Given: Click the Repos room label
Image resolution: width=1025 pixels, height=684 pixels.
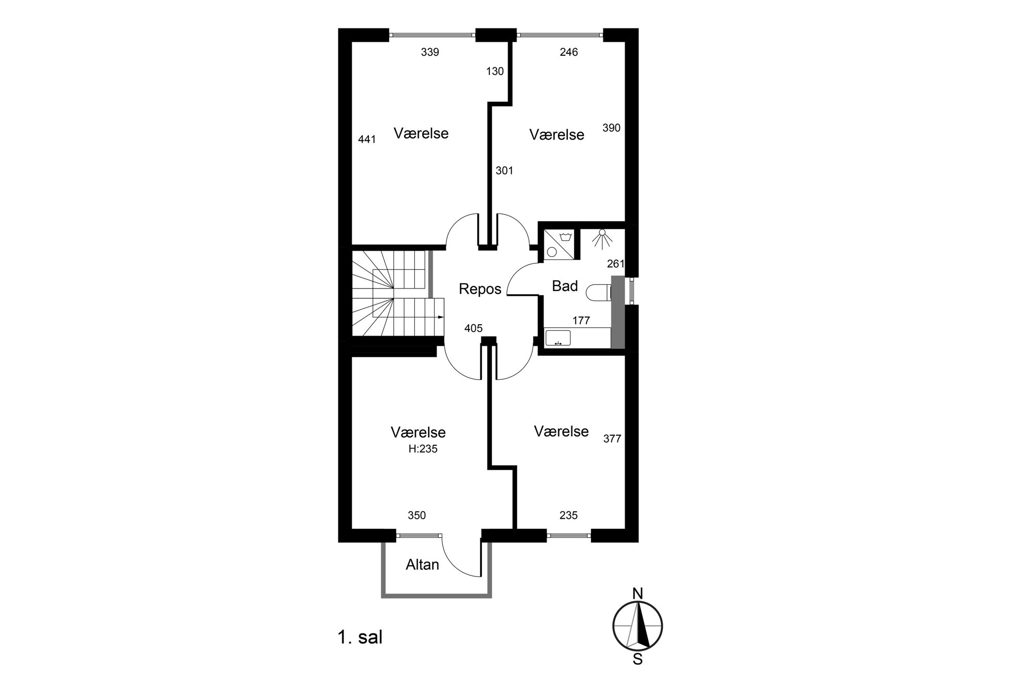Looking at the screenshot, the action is [x=480, y=289].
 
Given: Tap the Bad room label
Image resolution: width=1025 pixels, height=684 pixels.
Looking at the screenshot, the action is [x=565, y=286].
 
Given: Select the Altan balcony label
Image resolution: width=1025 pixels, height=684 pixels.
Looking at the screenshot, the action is [x=422, y=565].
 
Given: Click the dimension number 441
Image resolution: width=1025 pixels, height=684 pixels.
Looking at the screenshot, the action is [x=367, y=139].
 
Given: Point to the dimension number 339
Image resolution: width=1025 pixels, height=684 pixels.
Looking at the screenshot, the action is [x=430, y=52].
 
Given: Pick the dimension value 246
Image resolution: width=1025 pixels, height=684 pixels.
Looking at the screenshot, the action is [x=569, y=52].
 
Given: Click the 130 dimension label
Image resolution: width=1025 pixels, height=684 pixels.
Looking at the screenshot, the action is [x=495, y=71].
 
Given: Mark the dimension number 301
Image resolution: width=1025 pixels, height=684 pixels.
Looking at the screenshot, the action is [x=504, y=171].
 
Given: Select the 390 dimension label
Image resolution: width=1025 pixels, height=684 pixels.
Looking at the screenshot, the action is [x=611, y=128].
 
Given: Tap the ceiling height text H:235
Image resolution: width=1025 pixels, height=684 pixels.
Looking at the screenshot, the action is [x=423, y=449].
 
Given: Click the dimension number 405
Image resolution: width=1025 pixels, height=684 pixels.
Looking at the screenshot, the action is [x=473, y=328].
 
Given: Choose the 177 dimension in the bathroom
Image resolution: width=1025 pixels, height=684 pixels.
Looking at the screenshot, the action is [x=581, y=321].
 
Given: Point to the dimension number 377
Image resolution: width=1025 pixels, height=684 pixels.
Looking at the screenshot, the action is [x=612, y=439].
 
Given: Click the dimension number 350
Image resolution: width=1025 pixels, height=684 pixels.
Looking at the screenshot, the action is [x=416, y=515].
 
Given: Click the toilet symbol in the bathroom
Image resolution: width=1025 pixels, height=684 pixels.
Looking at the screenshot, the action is [x=599, y=293].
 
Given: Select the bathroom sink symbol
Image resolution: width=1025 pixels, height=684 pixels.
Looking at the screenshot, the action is [x=558, y=338].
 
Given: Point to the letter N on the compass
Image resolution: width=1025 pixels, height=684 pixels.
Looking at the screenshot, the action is [x=638, y=594].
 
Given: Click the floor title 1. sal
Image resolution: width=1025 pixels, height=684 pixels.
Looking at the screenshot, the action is [x=360, y=637].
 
